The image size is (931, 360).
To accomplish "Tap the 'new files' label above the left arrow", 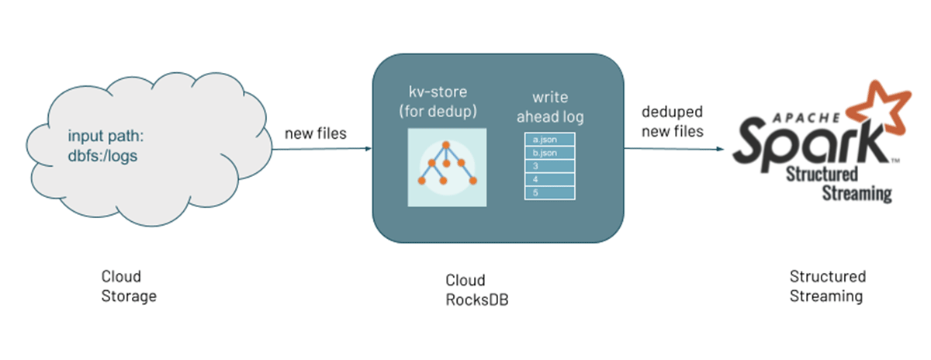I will (316, 133).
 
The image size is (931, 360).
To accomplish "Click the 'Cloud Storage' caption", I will (129, 286).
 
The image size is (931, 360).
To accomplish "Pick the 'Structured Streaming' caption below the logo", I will (828, 286).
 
